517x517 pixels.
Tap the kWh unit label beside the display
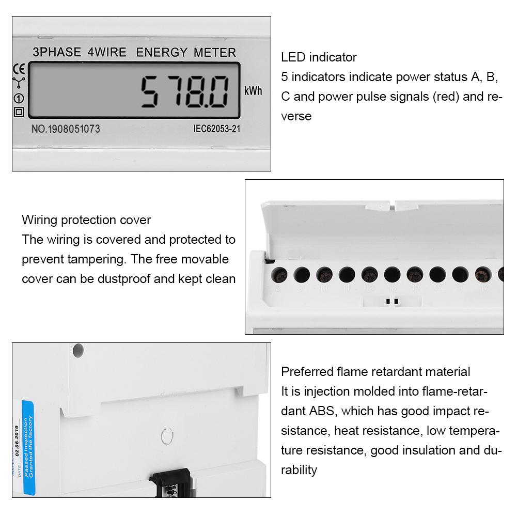click(x=253, y=91)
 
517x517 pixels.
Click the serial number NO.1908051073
click(x=66, y=129)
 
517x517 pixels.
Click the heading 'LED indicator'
click(x=319, y=57)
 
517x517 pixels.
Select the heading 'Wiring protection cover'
click(x=86, y=220)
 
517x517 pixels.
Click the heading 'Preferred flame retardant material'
click(x=375, y=372)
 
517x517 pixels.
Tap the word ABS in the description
click(x=321, y=411)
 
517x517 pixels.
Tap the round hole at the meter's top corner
click(x=77, y=351)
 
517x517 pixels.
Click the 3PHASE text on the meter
click(x=57, y=52)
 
